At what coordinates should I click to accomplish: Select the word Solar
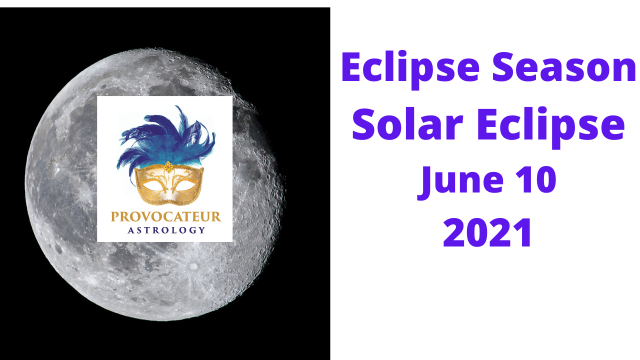pos(407,125)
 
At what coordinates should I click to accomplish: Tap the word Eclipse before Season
pos(410,69)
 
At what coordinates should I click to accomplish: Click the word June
pos(460,182)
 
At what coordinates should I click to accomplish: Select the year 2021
pos(487,232)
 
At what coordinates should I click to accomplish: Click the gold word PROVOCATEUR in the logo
pos(166,216)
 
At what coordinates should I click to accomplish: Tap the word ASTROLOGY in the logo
pos(166,230)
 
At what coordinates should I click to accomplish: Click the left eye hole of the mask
pos(153,186)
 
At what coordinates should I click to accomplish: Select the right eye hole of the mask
pos(185,185)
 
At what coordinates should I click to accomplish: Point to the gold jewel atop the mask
pos(168,167)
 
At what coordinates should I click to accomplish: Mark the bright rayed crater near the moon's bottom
pos(193,266)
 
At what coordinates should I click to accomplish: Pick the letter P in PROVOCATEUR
pos(114,216)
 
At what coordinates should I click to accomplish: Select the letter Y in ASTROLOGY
pos(202,230)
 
